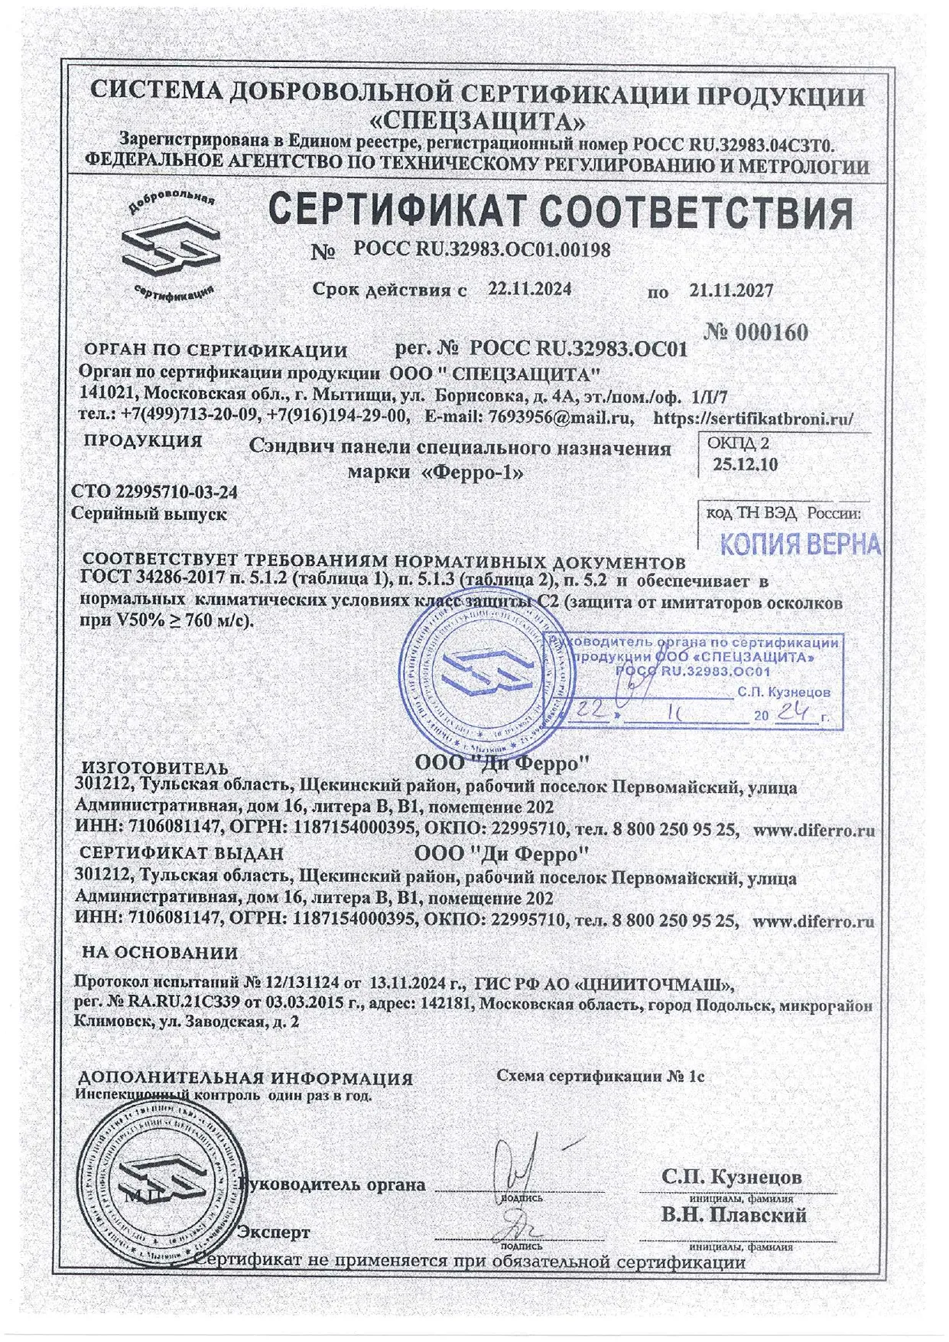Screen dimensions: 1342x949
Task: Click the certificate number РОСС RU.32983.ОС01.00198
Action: (482, 249)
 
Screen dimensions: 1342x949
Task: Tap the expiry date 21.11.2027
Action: (730, 291)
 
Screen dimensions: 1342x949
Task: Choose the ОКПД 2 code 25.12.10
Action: (745, 463)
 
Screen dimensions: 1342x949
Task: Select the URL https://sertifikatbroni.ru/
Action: (753, 418)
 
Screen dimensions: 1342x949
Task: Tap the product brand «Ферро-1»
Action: (474, 472)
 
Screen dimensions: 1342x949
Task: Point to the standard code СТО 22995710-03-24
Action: (154, 492)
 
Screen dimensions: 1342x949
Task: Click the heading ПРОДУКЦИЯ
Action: (143, 441)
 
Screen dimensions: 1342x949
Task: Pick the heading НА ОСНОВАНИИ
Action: (159, 953)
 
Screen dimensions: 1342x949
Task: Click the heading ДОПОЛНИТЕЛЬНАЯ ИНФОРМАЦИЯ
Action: (245, 1078)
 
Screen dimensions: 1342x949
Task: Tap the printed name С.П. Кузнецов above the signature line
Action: (732, 1176)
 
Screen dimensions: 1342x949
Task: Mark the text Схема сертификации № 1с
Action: (600, 1076)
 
